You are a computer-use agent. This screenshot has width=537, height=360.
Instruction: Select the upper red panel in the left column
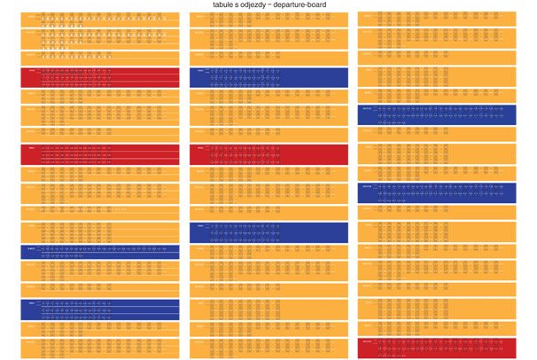[x=99, y=77]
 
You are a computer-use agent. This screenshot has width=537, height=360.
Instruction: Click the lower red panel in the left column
[x=99, y=154]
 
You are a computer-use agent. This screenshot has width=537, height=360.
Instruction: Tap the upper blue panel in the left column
[x=99, y=253]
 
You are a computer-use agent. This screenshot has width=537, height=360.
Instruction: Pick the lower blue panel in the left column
[x=99, y=309]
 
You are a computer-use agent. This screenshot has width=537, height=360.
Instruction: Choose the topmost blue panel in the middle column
[x=268, y=77]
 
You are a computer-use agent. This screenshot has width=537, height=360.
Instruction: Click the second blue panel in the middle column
[x=268, y=154]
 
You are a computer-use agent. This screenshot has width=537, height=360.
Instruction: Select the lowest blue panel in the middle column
[x=268, y=232]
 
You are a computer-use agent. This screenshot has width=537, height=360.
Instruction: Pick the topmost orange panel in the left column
[x=99, y=19]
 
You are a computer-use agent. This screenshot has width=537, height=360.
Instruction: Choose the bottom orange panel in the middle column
[x=268, y=348]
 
